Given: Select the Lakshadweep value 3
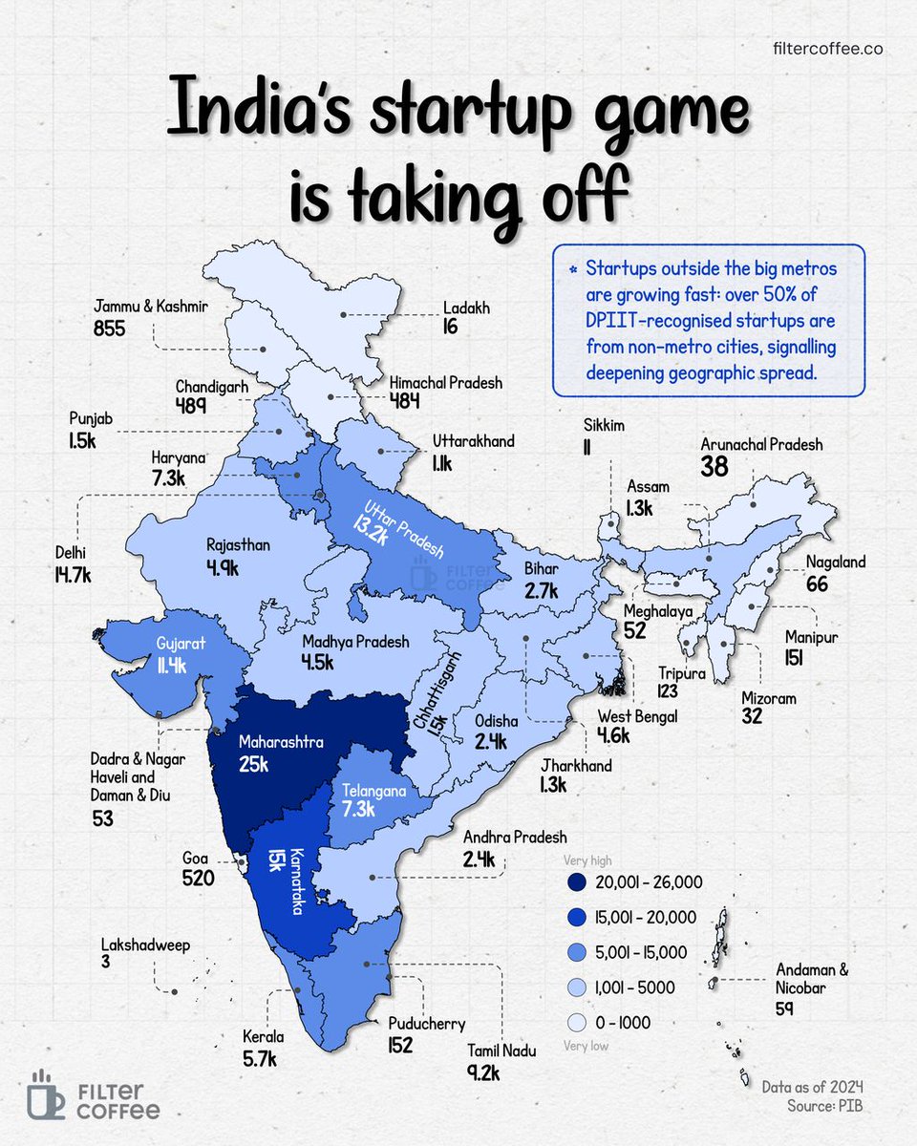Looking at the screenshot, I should (106, 965).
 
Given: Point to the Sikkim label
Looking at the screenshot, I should (604, 425).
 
